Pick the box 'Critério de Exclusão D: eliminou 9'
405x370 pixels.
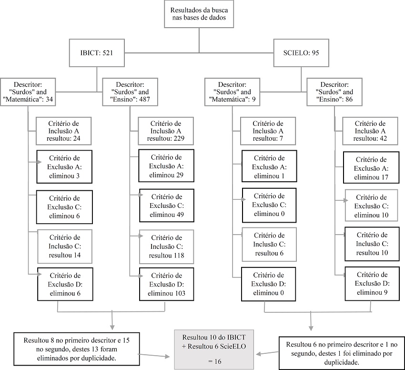[372, 284]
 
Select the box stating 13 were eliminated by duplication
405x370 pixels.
[76, 349]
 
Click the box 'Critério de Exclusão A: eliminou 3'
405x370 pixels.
[64, 167]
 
